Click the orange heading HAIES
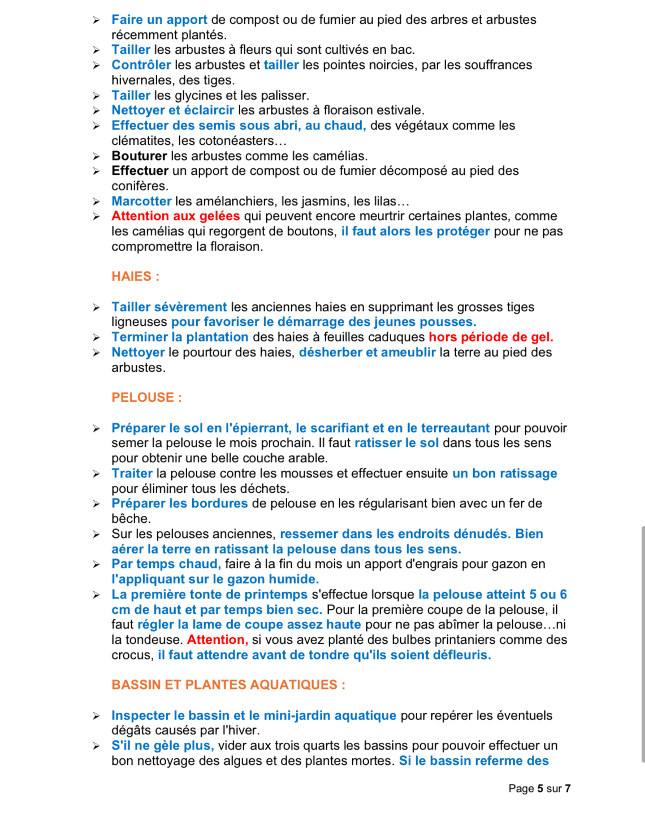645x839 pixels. (x=135, y=277)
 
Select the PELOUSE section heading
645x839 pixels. (x=146, y=398)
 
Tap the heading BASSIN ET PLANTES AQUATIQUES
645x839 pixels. (x=228, y=685)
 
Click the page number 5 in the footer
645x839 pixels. (x=540, y=789)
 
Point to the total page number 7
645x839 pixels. (x=568, y=789)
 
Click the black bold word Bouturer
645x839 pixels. (x=139, y=156)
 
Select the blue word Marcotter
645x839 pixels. (x=141, y=201)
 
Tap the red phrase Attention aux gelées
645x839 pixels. (x=175, y=216)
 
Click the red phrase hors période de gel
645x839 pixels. (x=491, y=337)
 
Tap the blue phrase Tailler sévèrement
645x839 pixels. (x=169, y=307)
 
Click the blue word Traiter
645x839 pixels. (x=132, y=474)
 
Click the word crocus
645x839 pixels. (x=131, y=655)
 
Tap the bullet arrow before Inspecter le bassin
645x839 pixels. (x=97, y=716)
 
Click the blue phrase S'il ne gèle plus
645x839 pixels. (x=162, y=746)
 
